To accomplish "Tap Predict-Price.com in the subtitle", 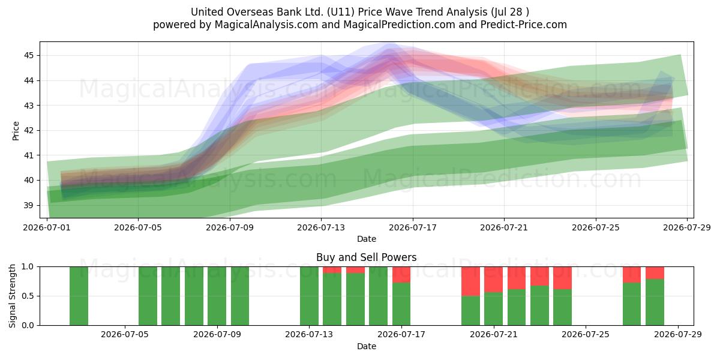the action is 524,25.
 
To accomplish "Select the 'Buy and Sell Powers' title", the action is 367,257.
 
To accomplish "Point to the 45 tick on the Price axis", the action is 29,56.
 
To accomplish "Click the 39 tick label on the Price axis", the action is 29,205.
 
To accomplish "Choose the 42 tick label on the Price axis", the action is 29,131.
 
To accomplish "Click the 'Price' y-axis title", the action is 16,131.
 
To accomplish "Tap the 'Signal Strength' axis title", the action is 12,296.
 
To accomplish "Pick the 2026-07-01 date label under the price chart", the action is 47,227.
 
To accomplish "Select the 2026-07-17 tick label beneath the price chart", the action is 413,227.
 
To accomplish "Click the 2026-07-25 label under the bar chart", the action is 586,335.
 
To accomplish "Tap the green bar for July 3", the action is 79,296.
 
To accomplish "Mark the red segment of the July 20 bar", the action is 470,281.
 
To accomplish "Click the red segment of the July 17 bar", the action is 401,275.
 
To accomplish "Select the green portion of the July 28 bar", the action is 655,302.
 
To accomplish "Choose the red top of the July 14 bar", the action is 332,270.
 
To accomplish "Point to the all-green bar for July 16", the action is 379,296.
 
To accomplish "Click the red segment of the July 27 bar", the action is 632,275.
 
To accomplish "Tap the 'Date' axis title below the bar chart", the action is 367,346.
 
